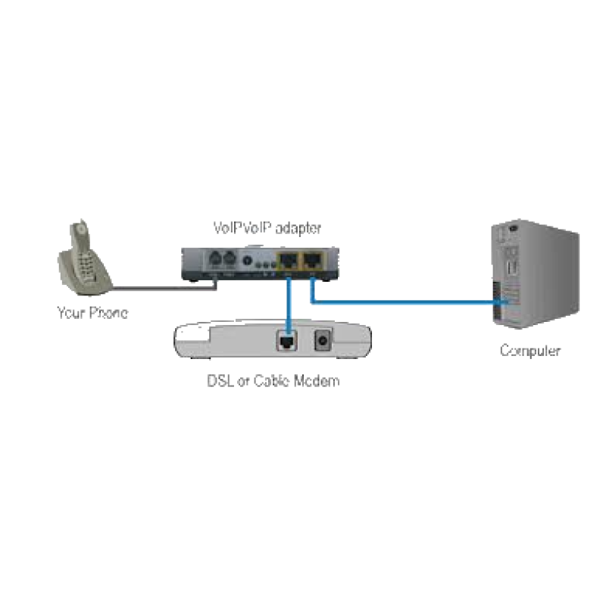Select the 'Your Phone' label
pos(92,311)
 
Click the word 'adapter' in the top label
pos(299,227)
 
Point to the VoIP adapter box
pos(258,264)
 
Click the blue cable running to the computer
pos(401,303)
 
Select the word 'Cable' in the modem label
pos(267,380)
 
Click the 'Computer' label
pos(529,351)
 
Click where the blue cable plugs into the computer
pos(498,303)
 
